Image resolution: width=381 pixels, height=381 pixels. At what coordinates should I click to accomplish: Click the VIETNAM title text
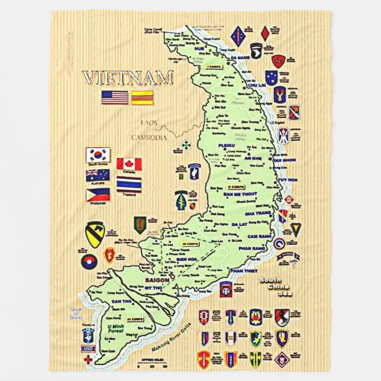(x=127, y=78)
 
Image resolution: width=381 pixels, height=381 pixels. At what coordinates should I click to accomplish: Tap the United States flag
(x=115, y=98)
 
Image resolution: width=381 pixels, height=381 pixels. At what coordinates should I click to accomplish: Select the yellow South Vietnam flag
(x=143, y=98)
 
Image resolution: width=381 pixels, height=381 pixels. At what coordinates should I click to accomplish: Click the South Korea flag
(x=98, y=154)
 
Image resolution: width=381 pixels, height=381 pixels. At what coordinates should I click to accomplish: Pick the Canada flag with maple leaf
(x=128, y=164)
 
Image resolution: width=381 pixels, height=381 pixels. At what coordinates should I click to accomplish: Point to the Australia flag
(x=98, y=175)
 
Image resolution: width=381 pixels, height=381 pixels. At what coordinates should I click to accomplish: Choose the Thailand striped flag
(x=129, y=185)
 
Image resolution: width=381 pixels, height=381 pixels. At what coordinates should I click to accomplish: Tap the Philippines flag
(x=98, y=193)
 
